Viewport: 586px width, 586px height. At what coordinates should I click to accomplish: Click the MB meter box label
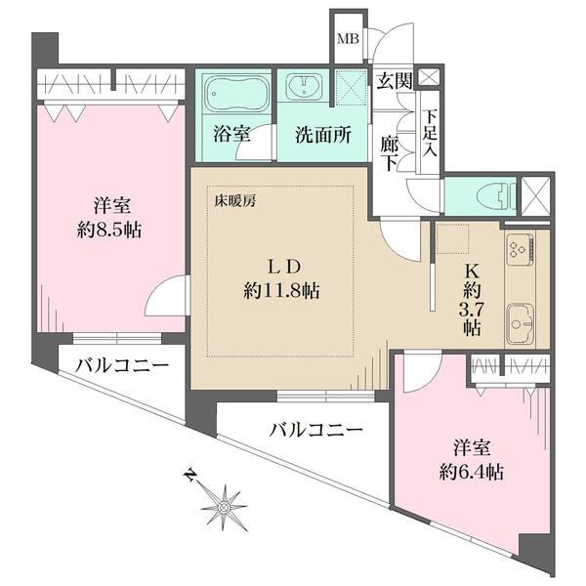coord(346,40)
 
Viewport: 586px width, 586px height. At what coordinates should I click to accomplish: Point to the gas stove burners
coord(519,250)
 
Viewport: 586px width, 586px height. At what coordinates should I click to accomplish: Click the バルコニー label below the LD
coord(315,429)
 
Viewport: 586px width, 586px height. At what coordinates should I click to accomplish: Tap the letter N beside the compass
coord(189,477)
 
